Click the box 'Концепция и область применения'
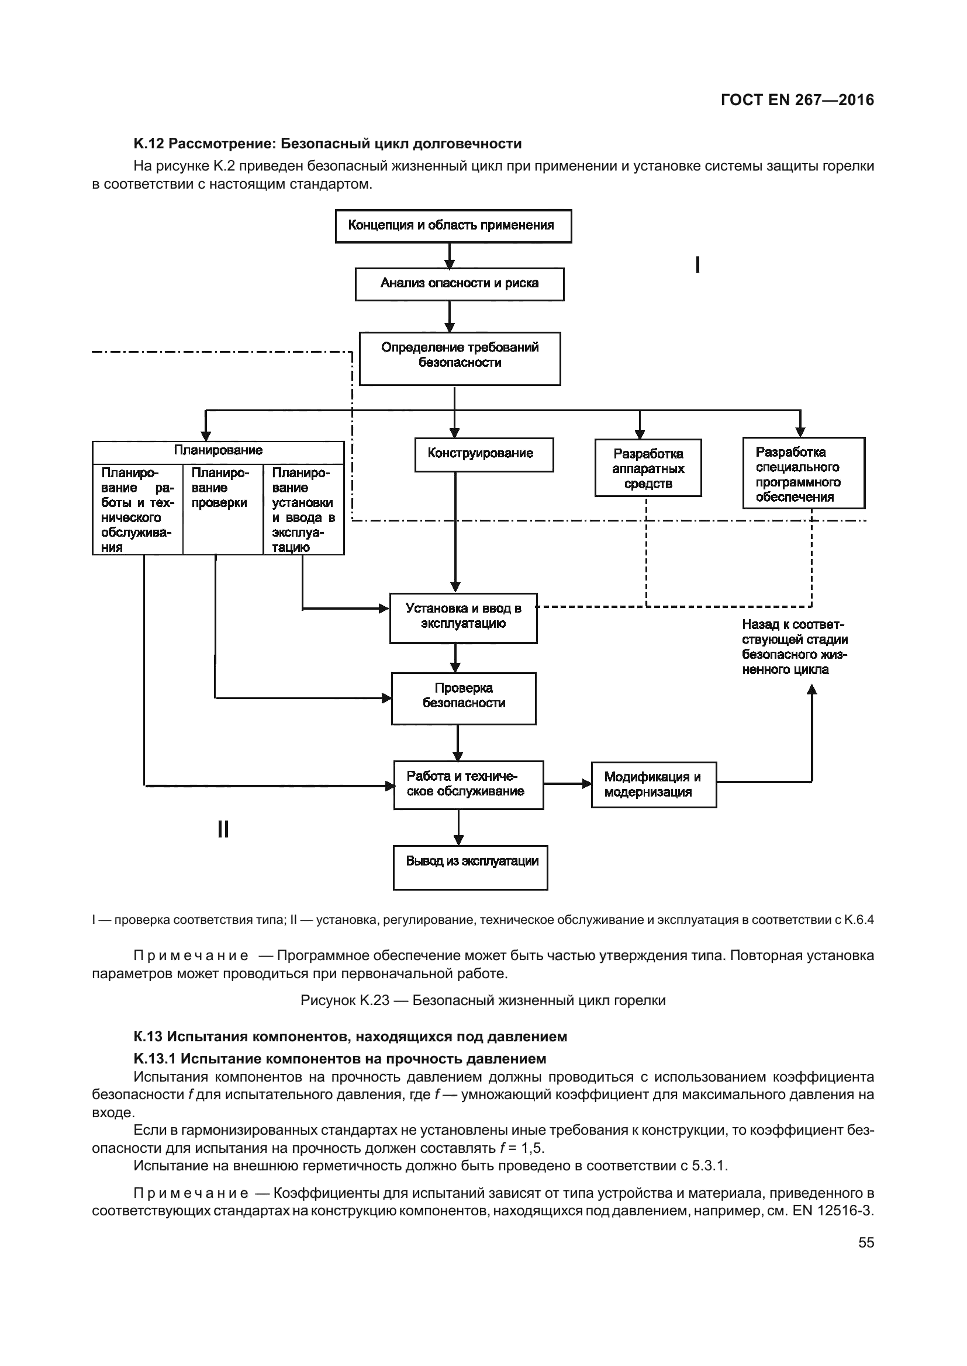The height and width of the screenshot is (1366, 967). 453,226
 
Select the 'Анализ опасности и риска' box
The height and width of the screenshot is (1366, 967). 459,284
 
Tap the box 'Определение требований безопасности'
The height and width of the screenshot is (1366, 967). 460,358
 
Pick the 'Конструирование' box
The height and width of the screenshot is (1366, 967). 483,454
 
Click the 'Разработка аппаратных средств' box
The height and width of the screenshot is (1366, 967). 648,468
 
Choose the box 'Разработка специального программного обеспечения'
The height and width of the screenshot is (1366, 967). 803,474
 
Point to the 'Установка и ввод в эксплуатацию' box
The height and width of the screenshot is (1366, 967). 463,617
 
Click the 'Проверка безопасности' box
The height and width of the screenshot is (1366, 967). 463,698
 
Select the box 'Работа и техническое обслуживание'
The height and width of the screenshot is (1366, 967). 468,785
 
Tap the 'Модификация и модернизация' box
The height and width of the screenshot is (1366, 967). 653,785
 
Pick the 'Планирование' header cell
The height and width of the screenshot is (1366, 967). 218,450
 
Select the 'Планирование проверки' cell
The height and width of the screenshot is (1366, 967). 223,509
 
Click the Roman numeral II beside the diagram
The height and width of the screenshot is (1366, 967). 223,829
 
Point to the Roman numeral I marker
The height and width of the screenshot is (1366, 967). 697,265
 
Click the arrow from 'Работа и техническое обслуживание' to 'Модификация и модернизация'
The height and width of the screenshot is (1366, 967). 567,784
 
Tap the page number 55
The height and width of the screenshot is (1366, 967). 866,1242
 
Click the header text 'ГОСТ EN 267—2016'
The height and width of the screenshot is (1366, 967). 797,100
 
